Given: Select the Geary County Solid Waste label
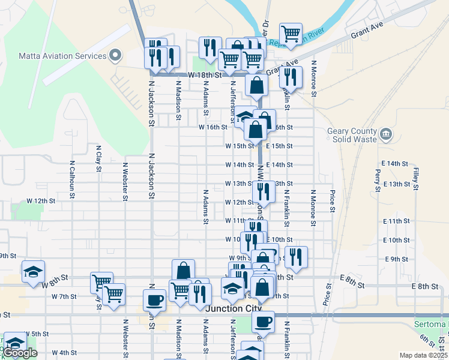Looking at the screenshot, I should [352, 136].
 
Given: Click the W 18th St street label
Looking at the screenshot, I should [205, 76].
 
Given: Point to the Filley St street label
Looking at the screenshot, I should [415, 179].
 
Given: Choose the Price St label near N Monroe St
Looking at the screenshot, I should [331, 202].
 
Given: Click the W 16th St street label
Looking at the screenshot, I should [213, 127].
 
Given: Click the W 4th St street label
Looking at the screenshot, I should [64, 352].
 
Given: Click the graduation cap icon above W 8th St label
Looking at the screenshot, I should [34, 271].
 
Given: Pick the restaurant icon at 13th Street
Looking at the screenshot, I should [264, 191].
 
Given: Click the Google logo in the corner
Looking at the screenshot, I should [20, 353].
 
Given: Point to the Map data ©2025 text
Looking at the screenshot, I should [423, 355].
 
